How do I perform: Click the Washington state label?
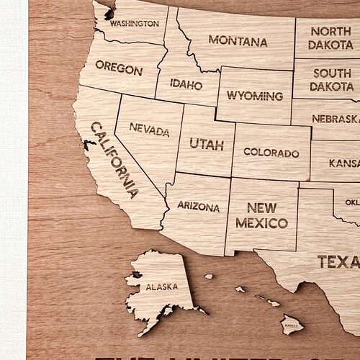coord(134,23)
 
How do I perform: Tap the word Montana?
coord(238,42)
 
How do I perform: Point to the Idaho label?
coord(186,84)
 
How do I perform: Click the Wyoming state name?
coord(254,96)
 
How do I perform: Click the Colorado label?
coord(271,153)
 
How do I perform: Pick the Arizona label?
coord(197,207)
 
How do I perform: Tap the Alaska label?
coord(161,287)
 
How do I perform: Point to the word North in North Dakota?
coord(331,31)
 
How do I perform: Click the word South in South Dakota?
coord(332,73)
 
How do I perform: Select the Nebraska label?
coord(335,118)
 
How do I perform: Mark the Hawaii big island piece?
coord(292,325)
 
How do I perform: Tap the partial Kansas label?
coord(344,165)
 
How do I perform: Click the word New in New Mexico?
coord(261,204)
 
